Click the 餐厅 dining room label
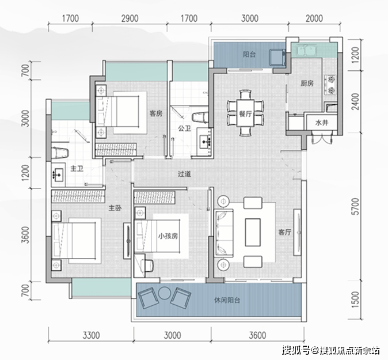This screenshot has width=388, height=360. (245, 114)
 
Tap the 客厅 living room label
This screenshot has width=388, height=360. (284, 232)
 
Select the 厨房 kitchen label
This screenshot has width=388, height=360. (307, 84)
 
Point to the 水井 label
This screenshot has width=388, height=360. (322, 123)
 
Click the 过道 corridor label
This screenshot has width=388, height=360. (184, 174)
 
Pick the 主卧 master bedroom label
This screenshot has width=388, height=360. (115, 208)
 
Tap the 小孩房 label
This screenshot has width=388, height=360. (168, 236)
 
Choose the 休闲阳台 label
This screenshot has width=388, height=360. (227, 300)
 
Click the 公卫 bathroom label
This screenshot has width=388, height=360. (184, 128)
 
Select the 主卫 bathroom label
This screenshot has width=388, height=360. (77, 169)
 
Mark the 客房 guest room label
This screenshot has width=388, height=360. (156, 113)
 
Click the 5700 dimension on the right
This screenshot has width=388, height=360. (355, 206)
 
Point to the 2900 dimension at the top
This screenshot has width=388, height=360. (130, 18)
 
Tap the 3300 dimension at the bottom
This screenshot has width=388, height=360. (92, 335)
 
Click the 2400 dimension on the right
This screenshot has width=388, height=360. (355, 101)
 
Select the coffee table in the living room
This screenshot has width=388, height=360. (253, 232)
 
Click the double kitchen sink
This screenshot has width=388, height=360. (307, 50)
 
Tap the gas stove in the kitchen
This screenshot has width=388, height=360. (330, 85)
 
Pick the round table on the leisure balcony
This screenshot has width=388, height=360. (163, 293)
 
